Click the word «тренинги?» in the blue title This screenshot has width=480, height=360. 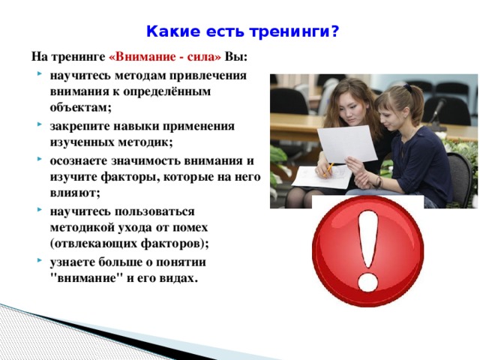coord(294,31)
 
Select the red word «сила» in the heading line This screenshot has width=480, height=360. coord(204,57)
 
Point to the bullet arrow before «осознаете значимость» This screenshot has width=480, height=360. coord(40,159)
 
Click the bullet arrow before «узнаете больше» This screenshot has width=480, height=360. coord(40,260)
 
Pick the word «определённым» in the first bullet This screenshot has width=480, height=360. coord(166,91)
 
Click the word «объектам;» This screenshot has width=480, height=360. coord(80,107)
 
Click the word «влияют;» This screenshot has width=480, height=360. coord(75,193)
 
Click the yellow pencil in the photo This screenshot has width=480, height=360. coord(328,169)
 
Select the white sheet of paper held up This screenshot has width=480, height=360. coord(347,144)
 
